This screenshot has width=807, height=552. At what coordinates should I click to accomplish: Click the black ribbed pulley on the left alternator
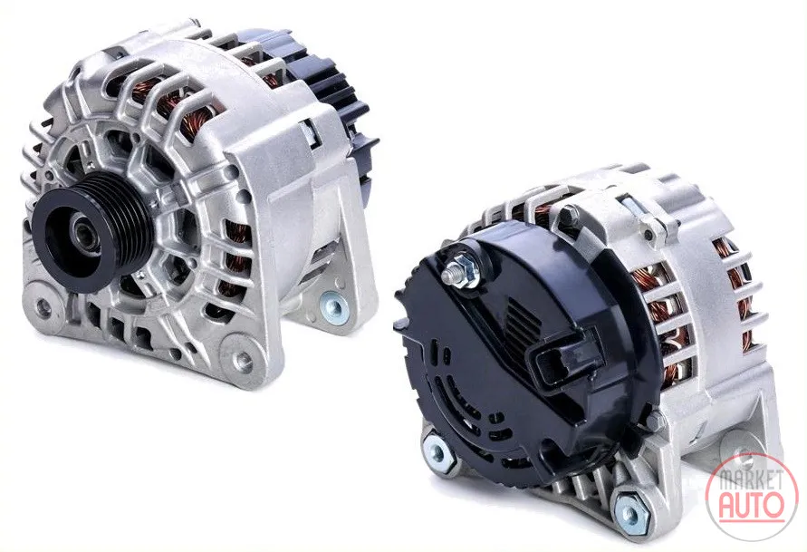[x=92, y=232]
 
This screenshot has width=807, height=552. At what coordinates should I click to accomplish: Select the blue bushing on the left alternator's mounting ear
[x=333, y=307]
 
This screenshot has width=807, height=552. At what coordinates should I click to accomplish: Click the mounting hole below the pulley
[x=43, y=307]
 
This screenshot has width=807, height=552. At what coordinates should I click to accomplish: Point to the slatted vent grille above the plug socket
[x=524, y=320]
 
